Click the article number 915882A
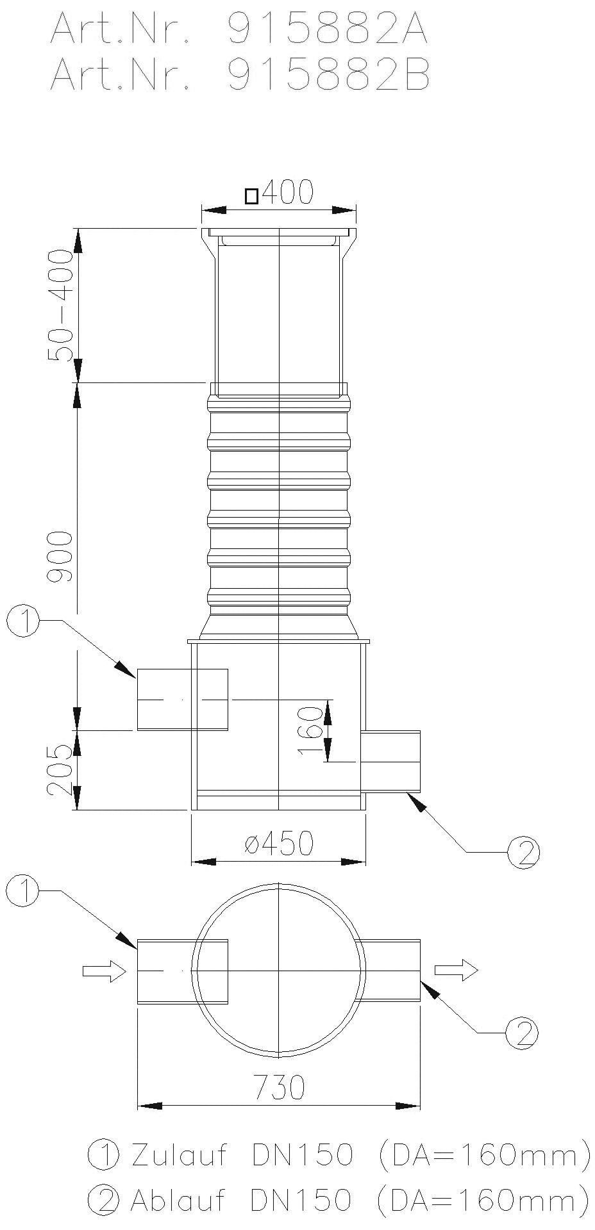328,29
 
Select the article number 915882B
328,76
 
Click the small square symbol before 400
252,196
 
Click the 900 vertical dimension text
62,555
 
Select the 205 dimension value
62,769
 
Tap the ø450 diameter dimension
279,844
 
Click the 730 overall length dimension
280,1086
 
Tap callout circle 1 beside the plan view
24,891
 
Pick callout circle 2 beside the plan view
521,1032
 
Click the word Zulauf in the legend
179,1155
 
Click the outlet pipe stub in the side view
390,761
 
